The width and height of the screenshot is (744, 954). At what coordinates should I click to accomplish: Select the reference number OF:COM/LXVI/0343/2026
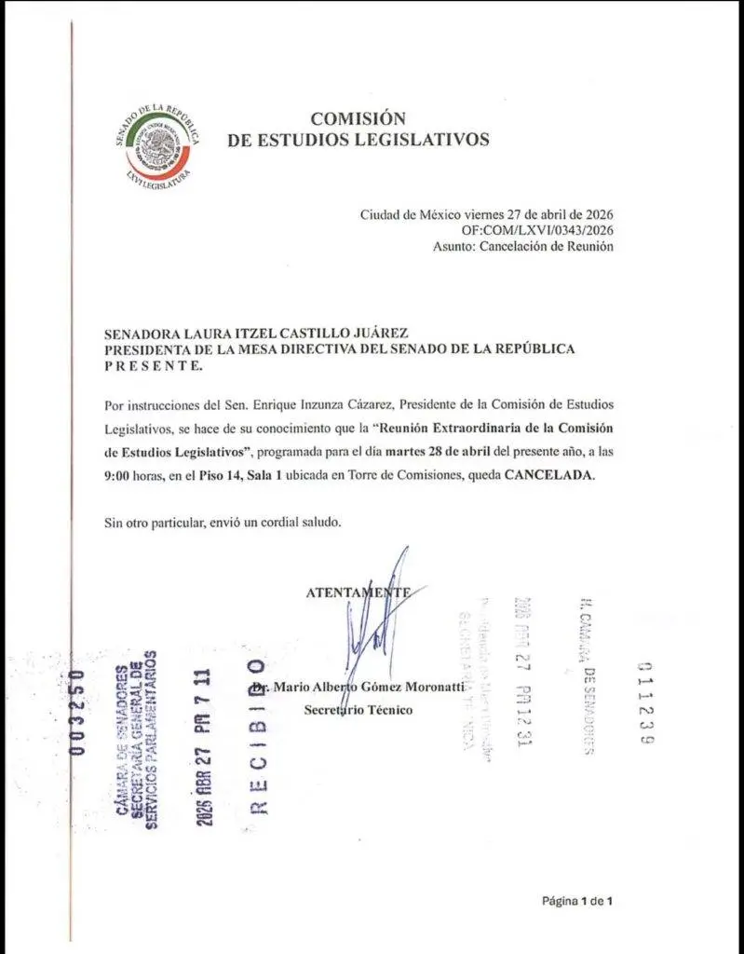[x=537, y=230]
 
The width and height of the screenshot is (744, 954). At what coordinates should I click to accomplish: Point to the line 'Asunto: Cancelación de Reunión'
[x=522, y=247]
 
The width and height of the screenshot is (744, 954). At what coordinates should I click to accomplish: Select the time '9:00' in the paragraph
[x=118, y=475]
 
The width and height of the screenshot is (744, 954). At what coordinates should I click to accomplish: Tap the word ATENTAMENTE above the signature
[x=357, y=592]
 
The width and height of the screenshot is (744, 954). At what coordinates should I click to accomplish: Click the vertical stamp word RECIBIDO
[x=258, y=736]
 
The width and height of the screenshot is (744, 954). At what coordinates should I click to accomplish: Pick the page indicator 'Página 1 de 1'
[x=576, y=901]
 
